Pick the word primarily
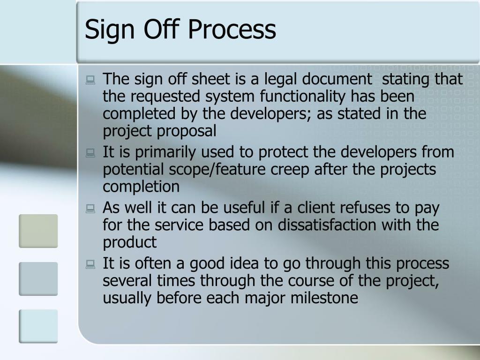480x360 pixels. pos(161,152)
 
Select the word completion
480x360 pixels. pos(141,187)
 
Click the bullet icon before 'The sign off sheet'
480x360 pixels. pos(90,81)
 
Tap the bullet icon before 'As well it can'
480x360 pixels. pos(90,209)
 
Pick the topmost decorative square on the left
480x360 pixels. pos(38,231)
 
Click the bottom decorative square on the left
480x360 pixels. pos(38,326)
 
